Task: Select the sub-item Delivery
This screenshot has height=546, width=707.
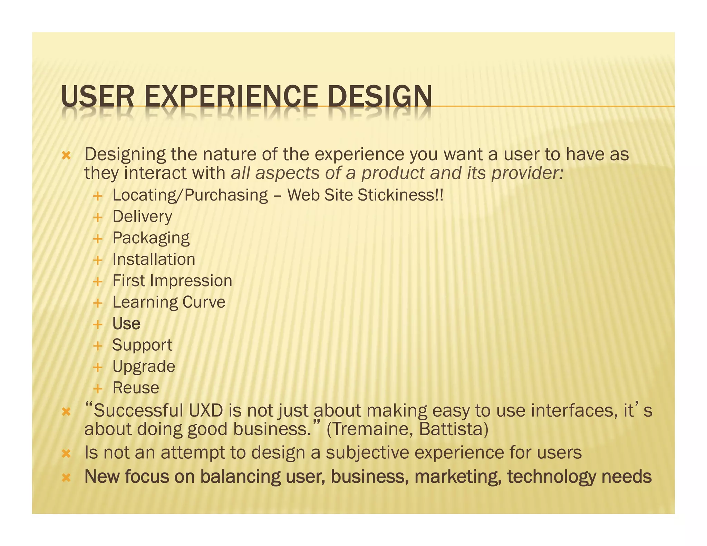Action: point(142,217)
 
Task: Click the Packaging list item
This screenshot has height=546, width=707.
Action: point(151,238)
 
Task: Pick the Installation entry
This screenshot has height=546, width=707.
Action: point(154,260)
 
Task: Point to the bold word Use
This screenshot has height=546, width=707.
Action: point(126,324)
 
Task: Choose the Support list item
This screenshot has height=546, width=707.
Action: point(142,345)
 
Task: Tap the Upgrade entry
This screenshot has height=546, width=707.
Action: point(144,367)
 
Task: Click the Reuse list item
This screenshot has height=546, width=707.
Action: point(136,388)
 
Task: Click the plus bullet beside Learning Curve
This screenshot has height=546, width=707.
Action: point(98,303)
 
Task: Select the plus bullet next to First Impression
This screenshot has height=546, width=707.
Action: point(98,282)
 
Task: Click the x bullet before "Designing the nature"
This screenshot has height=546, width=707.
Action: point(66,156)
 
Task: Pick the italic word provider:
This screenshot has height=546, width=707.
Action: point(527,173)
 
